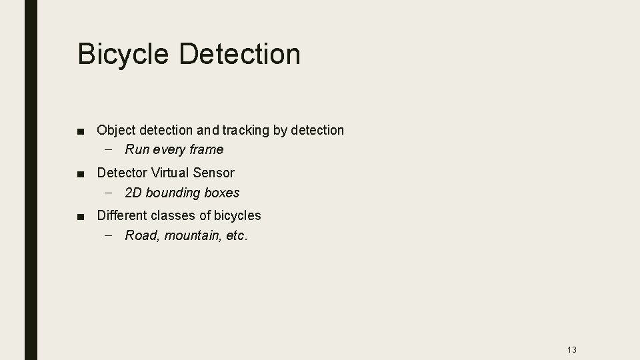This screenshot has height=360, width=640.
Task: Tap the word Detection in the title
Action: pyautogui.click(x=239, y=54)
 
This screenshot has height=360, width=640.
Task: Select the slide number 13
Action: pyautogui.click(x=571, y=350)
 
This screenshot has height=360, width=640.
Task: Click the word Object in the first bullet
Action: pyautogui.click(x=117, y=130)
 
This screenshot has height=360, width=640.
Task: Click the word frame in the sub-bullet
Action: pyautogui.click(x=205, y=149)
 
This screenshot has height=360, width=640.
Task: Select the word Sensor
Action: pyautogui.click(x=213, y=173)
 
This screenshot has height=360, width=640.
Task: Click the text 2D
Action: pyautogui.click(x=133, y=193)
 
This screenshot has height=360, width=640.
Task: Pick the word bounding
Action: pyautogui.click(x=173, y=193)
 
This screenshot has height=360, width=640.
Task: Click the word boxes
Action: pyautogui.click(x=222, y=193)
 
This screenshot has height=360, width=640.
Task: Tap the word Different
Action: pyautogui.click(x=122, y=215)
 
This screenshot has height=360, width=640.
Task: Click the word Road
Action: pyautogui.click(x=139, y=235)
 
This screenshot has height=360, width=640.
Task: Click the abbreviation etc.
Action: pyautogui.click(x=237, y=235)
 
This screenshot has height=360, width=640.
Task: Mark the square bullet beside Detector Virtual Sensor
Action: pyautogui.click(x=81, y=173)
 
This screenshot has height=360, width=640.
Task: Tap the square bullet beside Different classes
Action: pyautogui.click(x=81, y=216)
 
